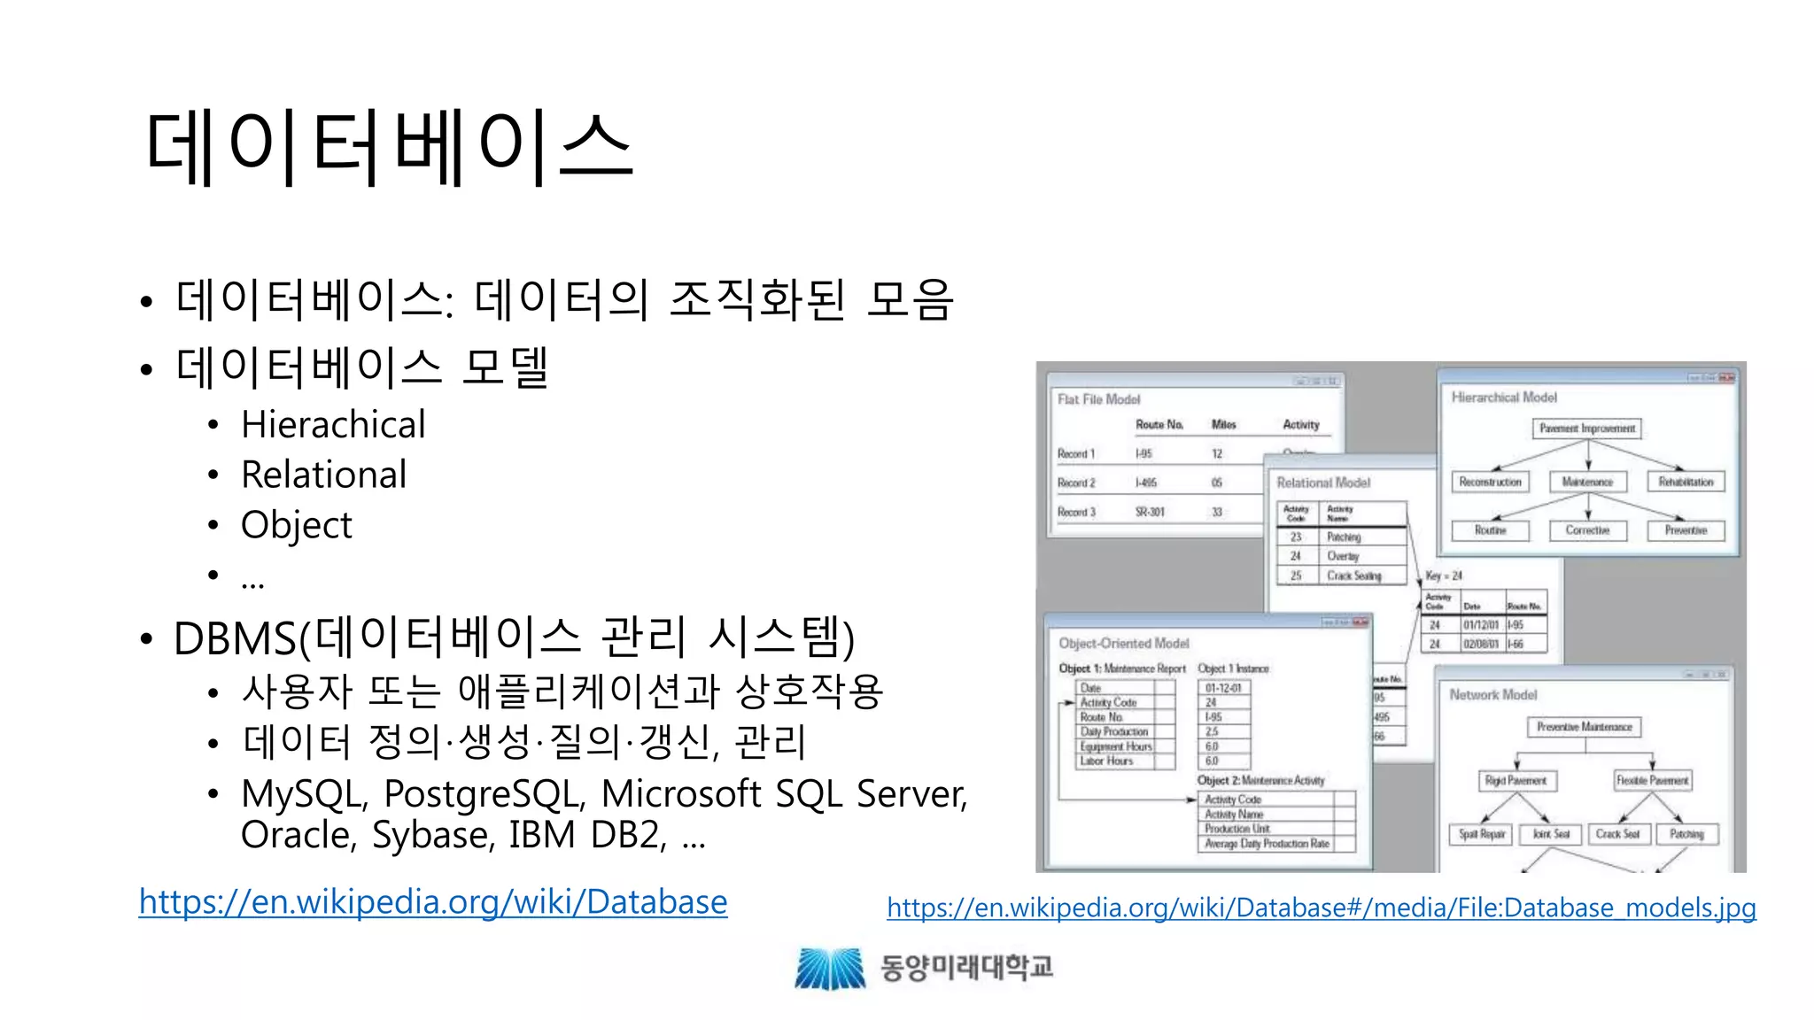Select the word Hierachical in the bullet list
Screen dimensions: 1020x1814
[x=333, y=425]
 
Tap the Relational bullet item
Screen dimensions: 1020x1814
[x=323, y=475]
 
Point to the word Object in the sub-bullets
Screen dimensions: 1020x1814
[x=296, y=525]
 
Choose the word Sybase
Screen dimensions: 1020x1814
[x=430, y=835]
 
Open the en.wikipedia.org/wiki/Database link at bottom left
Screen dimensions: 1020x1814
[x=433, y=902]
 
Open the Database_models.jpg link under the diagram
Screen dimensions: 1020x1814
[x=1321, y=908]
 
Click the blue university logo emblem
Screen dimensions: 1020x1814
[x=830, y=968]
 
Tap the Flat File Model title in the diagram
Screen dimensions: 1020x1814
[x=1098, y=399]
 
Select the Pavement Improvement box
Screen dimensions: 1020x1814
[x=1586, y=429]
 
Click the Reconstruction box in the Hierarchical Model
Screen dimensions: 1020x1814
[x=1490, y=483]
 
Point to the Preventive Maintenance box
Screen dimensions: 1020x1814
[x=1584, y=727]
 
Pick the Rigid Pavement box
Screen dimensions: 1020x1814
[x=1516, y=781]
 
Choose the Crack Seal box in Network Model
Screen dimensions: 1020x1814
[x=1617, y=834]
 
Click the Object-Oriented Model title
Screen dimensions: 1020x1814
[x=1123, y=644]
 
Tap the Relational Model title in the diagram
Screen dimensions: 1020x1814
[x=1323, y=483]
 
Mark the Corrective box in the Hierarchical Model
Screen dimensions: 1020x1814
[x=1587, y=530]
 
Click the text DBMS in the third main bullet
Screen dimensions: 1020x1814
[x=235, y=639]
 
